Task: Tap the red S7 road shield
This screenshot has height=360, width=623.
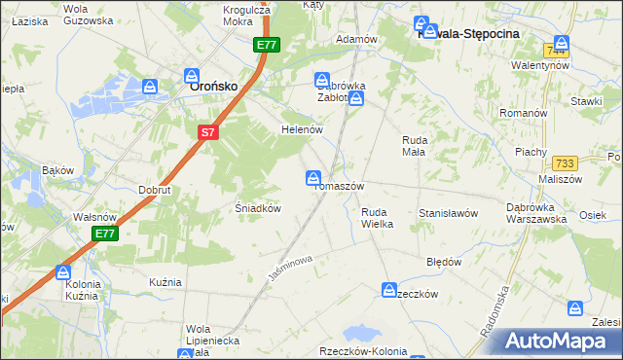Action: [207, 132]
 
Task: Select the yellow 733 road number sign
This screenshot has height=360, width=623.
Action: [564, 165]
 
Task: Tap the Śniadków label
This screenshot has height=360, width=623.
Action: [258, 208]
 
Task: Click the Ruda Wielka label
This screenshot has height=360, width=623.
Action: [377, 217]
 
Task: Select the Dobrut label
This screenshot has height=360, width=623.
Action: [154, 190]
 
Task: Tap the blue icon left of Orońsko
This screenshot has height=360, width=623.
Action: [150, 88]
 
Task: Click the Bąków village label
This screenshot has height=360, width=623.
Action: [58, 170]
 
